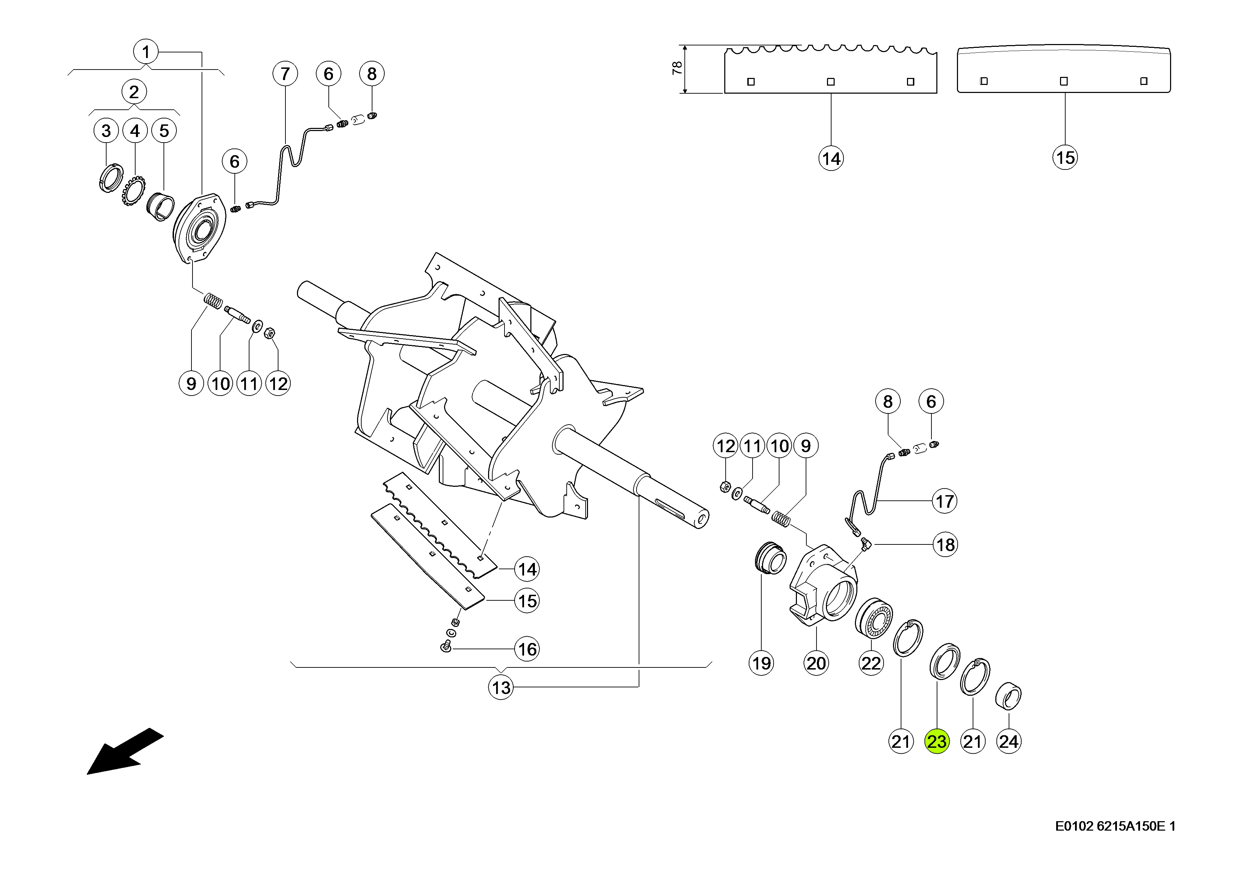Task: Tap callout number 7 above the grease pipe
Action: (x=285, y=73)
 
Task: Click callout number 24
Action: (x=1009, y=742)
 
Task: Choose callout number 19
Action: (x=761, y=663)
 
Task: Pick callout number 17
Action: (x=945, y=501)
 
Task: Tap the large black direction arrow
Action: (x=124, y=752)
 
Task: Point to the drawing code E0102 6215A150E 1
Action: (x=1115, y=841)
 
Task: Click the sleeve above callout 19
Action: (x=770, y=559)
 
